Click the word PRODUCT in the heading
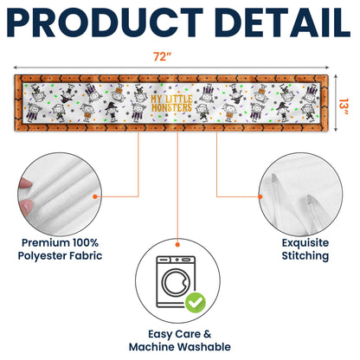click(105, 22)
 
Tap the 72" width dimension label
click(162, 56)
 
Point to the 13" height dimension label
click(344, 106)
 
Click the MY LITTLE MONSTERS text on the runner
click(171, 103)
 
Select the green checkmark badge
click(196, 303)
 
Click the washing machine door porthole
click(176, 282)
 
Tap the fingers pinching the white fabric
click(24, 197)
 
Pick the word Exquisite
click(305, 242)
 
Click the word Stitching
click(305, 256)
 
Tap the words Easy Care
click(175, 334)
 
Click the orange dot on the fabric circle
click(95, 196)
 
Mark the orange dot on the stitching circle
click(260, 196)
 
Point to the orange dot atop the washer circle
click(177, 245)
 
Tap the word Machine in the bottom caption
click(154, 346)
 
